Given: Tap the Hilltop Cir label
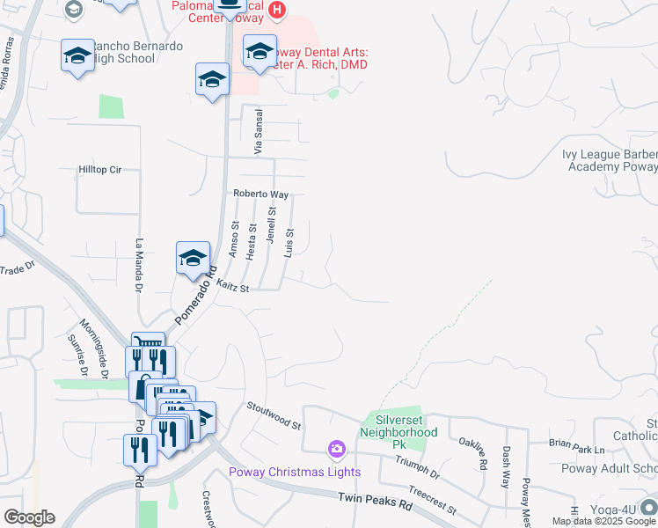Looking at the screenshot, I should (x=99, y=169).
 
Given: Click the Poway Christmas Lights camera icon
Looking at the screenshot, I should (x=336, y=451).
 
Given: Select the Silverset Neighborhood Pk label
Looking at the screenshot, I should (x=399, y=427).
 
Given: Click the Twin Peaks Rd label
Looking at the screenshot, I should (x=376, y=502).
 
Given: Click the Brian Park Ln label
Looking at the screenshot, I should (x=576, y=449).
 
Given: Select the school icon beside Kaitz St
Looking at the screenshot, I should (x=193, y=258).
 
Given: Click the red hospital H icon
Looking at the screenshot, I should (x=278, y=11).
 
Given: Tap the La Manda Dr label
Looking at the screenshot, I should (x=139, y=265).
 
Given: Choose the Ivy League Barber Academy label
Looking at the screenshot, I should (x=610, y=160).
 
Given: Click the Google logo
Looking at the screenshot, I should (x=29, y=517).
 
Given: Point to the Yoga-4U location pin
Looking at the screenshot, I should (x=648, y=506).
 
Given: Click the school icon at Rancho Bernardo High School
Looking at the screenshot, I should (x=77, y=56).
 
